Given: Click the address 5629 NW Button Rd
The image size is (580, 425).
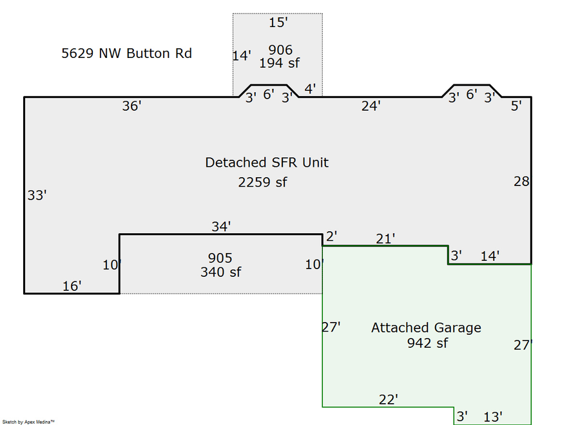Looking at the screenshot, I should pos(126,53).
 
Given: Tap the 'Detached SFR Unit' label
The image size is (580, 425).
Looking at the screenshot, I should pos(267,162).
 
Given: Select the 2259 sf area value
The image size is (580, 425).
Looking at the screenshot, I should pos(262,182).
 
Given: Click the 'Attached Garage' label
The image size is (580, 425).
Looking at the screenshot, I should pos(426,328).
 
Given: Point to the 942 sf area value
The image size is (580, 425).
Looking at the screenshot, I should pos(427,343).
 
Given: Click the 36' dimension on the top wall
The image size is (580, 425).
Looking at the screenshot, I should pos(131,106).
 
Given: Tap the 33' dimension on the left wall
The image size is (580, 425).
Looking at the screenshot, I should pos(37,195).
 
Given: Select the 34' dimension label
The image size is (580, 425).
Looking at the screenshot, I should pos(221,226).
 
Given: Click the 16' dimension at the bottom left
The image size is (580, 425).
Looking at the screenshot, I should pos(72,286).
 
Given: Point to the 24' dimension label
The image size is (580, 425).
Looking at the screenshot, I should pos(371,106).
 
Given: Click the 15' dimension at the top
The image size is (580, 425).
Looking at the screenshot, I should pos(278,23).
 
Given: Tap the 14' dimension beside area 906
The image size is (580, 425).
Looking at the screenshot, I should pos(241,56).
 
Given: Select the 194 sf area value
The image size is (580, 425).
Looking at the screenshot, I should pos(280,63).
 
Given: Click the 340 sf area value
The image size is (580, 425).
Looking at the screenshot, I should pos(220,272).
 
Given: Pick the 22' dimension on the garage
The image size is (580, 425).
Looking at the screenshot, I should pos(388,400).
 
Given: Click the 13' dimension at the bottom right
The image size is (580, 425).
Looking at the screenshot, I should pos(492,417).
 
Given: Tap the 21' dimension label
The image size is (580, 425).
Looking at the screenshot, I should pos(385,239).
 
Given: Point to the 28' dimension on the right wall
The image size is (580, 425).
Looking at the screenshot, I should pos(521,182).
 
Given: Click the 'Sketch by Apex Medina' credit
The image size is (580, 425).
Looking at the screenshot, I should pos(28,422).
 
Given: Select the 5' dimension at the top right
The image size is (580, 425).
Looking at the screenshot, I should pos(516,106).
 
